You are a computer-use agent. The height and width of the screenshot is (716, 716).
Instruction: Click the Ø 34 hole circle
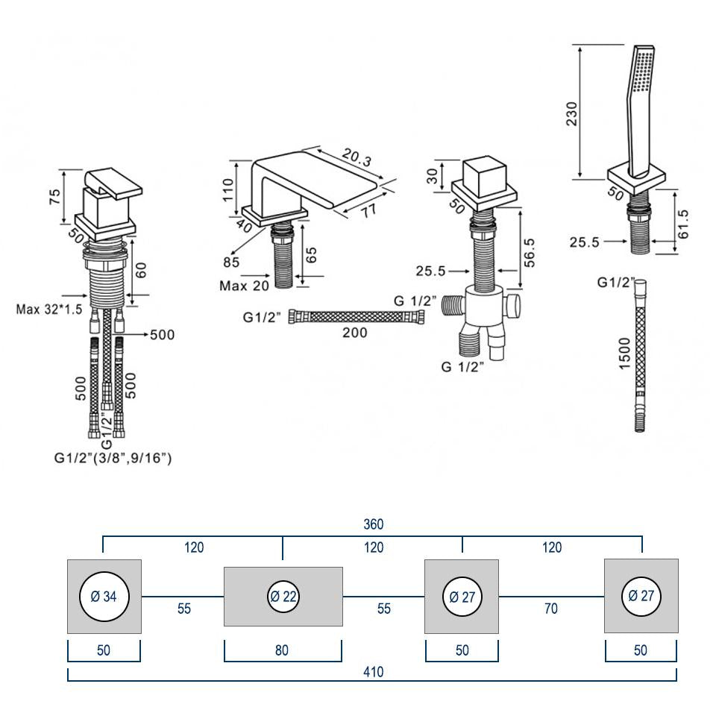coord(104,597)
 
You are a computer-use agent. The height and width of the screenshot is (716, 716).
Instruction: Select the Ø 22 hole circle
coord(283,597)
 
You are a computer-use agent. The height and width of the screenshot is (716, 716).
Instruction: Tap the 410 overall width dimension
coord(373,672)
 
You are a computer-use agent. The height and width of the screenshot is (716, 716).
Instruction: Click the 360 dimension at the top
coord(373,525)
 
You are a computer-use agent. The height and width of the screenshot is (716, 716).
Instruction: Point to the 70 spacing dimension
coord(551,609)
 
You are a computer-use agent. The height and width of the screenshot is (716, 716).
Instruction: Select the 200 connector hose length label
coord(355,333)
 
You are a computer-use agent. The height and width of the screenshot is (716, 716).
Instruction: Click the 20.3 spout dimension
coord(357,157)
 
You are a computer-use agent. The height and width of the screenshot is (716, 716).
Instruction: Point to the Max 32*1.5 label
coord(49,309)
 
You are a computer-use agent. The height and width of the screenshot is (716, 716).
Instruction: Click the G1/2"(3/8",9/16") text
coord(113,459)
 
